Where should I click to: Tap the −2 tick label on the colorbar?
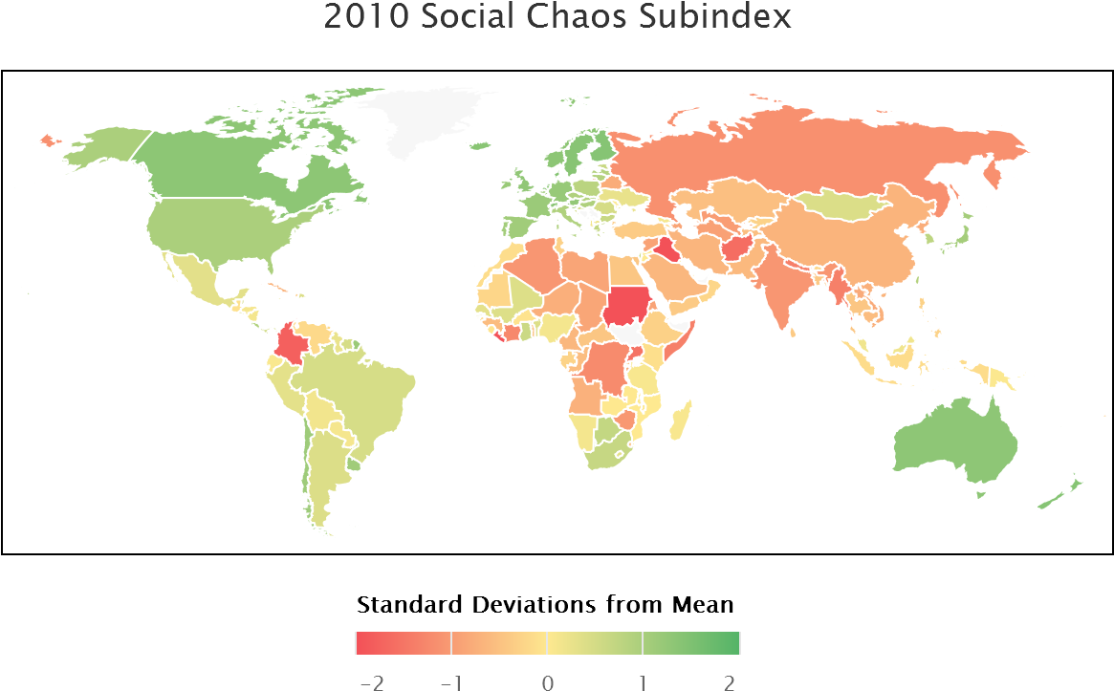pyautogui.click(x=371, y=681)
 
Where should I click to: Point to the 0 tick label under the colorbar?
pyautogui.click(x=547, y=681)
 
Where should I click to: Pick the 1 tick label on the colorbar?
pyautogui.click(x=643, y=681)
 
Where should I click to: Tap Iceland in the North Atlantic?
pyautogui.click(x=476, y=146)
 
